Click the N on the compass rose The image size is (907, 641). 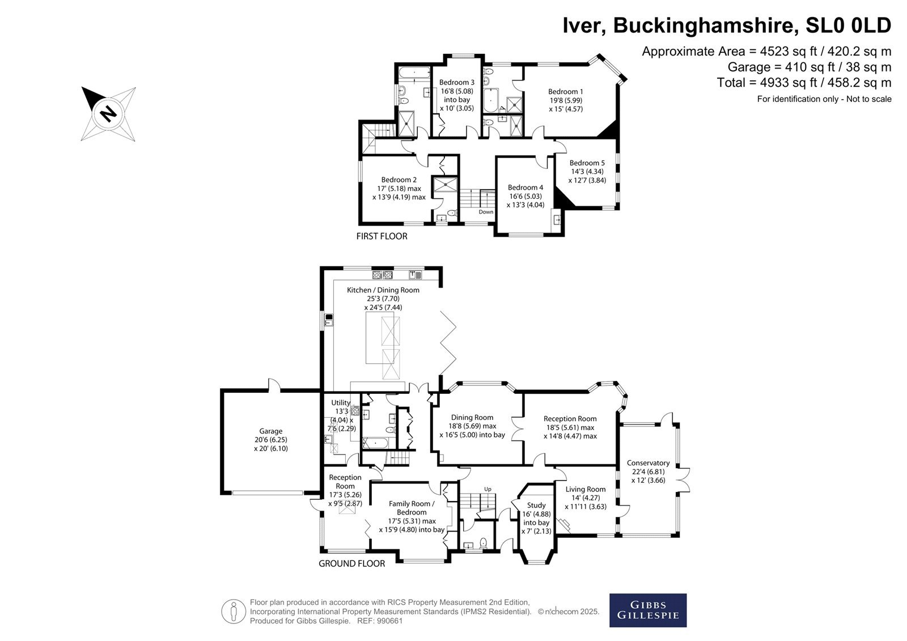tap(108, 113)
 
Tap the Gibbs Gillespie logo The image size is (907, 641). tap(648, 610)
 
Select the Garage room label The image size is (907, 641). tap(271, 431)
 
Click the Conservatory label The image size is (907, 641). tap(649, 463)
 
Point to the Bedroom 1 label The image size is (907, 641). tap(566, 91)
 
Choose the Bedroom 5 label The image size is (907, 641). tap(587, 163)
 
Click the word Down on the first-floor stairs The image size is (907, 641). tap(486, 212)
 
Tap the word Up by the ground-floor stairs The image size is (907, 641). tap(488, 489)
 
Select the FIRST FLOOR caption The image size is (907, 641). tap(382, 236)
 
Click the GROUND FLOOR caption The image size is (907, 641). tap(352, 563)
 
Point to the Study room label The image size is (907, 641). tap(536, 506)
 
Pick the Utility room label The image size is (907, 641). tap(341, 402)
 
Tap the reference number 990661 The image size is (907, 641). tap(389, 621)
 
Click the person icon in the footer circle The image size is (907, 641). tap(234, 612)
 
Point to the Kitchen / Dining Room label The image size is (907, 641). tap(383, 290)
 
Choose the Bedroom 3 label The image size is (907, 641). tap(457, 82)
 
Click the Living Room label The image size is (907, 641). tap(586, 489)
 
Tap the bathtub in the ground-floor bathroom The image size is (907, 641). tap(376, 443)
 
